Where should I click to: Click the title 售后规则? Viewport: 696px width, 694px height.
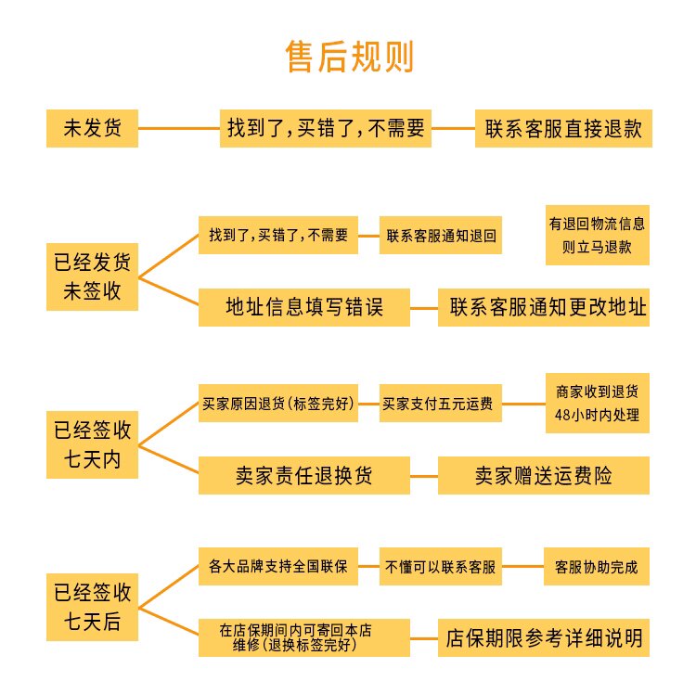click(348, 58)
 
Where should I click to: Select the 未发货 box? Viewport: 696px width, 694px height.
click(92, 128)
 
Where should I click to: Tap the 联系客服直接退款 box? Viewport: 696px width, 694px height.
click(563, 128)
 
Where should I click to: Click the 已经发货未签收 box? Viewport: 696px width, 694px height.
click(92, 276)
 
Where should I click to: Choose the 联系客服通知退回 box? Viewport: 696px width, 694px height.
click(441, 235)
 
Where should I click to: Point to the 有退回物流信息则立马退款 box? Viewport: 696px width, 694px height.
click(597, 235)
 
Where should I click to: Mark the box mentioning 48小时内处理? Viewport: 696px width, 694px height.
click(597, 404)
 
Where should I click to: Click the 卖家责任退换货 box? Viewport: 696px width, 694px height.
click(304, 476)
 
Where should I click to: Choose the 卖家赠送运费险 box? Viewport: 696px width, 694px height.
click(543, 476)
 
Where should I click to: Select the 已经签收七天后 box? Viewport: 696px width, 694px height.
click(92, 607)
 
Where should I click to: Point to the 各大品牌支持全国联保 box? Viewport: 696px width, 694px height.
click(277, 566)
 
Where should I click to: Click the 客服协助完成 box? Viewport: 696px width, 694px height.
click(597, 566)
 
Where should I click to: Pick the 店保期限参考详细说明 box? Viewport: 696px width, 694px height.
click(543, 638)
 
